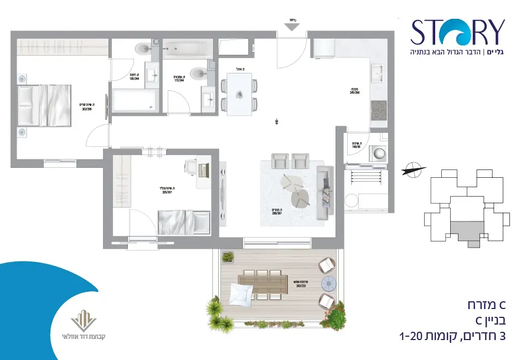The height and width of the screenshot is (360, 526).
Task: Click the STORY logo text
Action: pyautogui.click(x=457, y=32)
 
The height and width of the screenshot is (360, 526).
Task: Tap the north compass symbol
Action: pyautogui.click(x=413, y=169)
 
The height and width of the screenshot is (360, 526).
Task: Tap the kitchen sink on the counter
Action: pyautogui.click(x=378, y=72)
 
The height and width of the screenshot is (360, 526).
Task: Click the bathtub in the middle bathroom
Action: pyautogui.click(x=188, y=48)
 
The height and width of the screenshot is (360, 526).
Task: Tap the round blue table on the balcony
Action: pyautogui.click(x=329, y=284)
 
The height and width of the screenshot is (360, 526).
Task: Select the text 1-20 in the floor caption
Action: pyautogui.click(x=412, y=336)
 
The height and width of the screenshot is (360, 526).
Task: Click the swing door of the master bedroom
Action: pyautogui.click(x=98, y=135)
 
